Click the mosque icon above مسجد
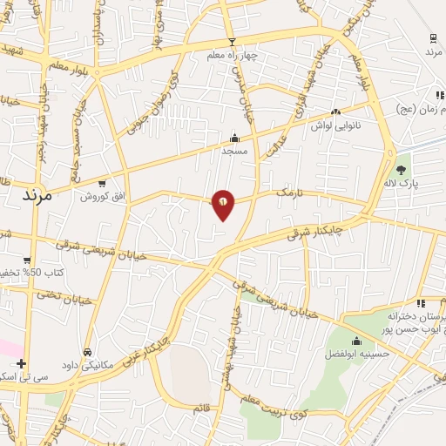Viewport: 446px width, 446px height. [x=233, y=138]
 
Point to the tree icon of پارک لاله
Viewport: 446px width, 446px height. [x=401, y=171]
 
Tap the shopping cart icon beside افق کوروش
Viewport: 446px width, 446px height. [x=103, y=184]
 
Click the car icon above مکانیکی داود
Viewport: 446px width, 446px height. [x=87, y=352]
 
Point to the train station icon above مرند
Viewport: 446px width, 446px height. [x=433, y=37]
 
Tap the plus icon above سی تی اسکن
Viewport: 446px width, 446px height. [x=21, y=363]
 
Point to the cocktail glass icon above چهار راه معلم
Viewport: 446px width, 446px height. [x=232, y=42]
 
